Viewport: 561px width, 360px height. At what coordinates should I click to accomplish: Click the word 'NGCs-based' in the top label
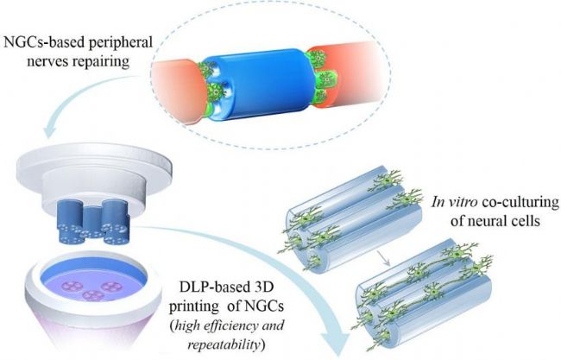point(44,43)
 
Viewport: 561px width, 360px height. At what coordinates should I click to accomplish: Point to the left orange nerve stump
point(176,90)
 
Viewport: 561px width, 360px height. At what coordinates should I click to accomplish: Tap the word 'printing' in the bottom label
point(192,306)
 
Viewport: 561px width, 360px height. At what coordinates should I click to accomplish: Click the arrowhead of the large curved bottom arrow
point(335,341)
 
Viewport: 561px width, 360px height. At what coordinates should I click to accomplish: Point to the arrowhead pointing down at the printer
point(51,132)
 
